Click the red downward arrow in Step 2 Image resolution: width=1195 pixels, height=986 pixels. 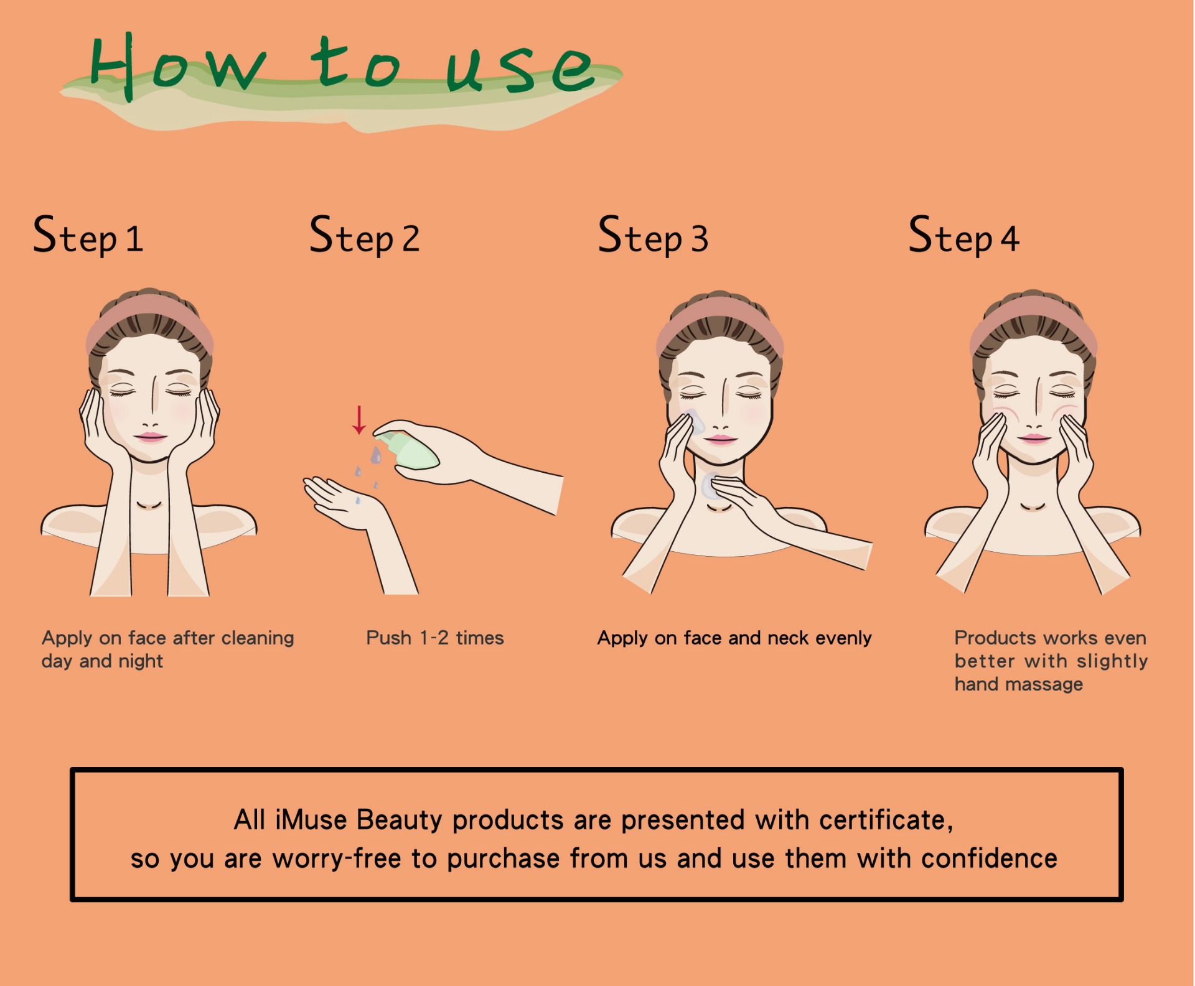(359, 420)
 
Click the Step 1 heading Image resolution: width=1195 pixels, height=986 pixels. (88, 235)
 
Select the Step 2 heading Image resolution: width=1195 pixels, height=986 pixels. (365, 235)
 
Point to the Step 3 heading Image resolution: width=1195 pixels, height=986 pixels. (653, 235)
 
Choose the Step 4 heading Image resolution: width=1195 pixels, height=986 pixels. (963, 235)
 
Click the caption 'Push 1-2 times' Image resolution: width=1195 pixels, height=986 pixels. (435, 638)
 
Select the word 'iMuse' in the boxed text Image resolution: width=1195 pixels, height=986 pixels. (311, 820)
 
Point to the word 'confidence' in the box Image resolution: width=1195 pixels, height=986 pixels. (989, 858)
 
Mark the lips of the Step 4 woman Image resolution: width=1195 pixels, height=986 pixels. (1034, 439)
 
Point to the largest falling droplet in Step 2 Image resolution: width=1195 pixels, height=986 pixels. (376, 455)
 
